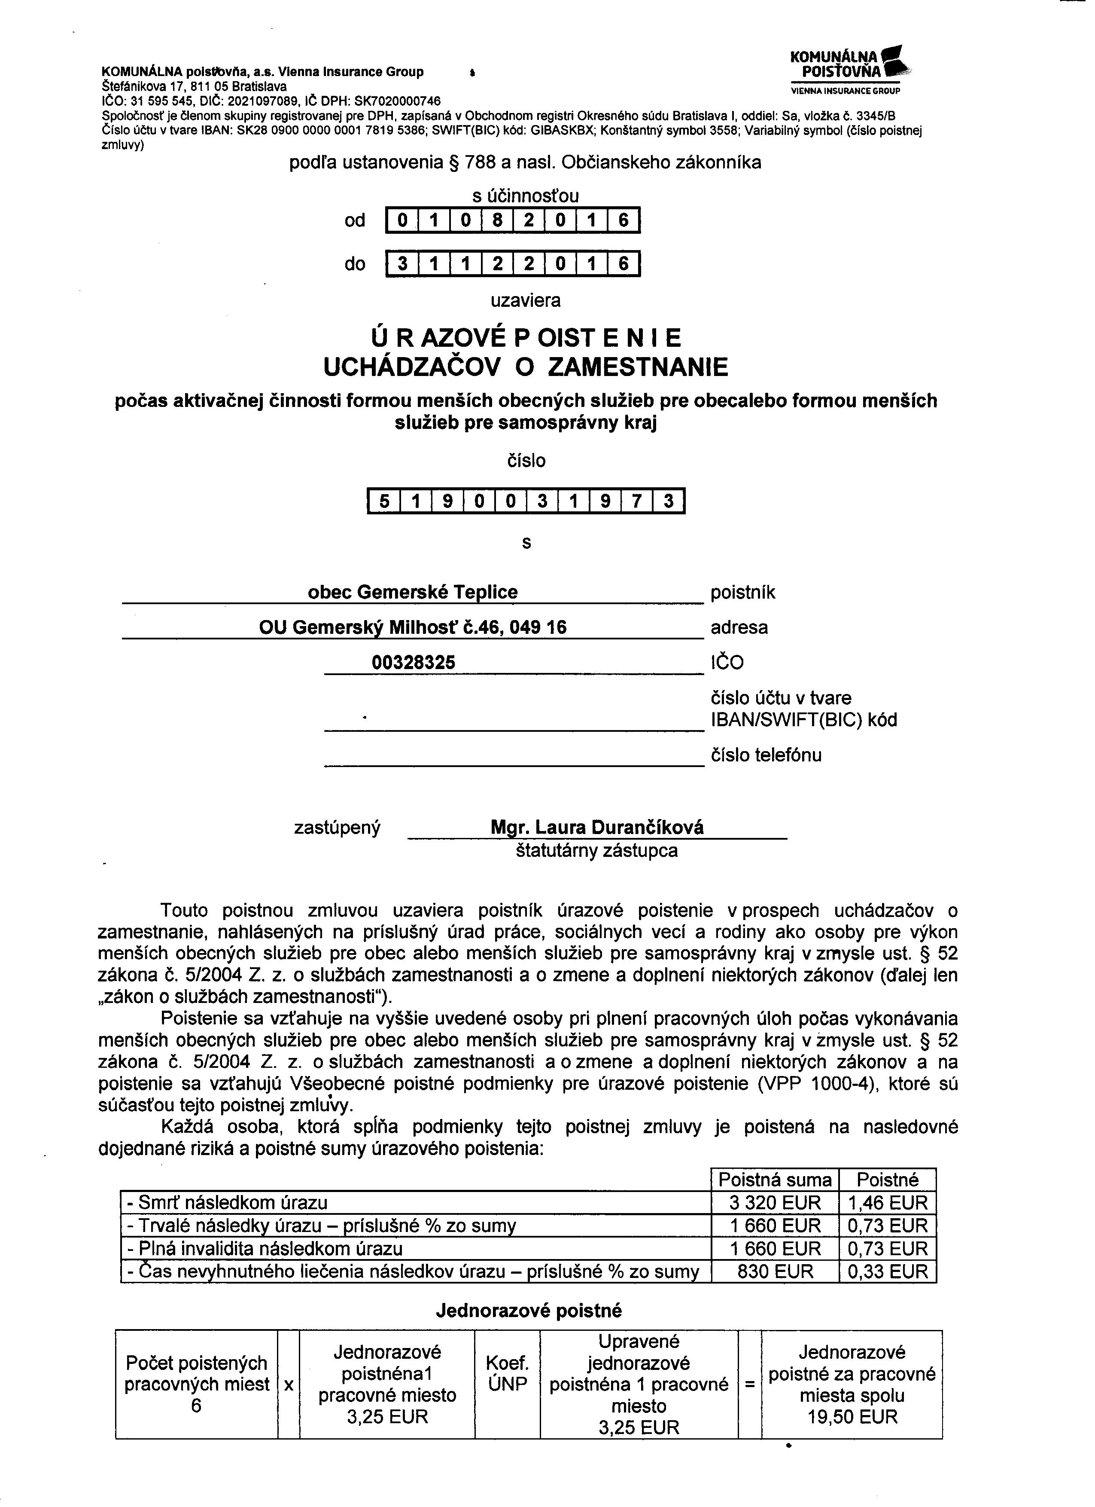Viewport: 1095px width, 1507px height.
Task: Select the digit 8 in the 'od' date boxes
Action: coord(497,220)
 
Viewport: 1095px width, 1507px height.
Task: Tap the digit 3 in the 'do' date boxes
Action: coord(402,264)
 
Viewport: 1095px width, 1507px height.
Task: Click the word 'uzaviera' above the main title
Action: coord(525,300)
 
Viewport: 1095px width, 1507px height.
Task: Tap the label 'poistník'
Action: coord(742,592)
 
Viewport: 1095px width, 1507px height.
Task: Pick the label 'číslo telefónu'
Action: coord(766,755)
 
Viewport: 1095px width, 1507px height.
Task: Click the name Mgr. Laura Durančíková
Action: coord(596,827)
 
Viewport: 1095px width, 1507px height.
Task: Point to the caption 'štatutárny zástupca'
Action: coord(596,850)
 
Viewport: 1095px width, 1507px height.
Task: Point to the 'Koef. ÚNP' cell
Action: coord(507,1374)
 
